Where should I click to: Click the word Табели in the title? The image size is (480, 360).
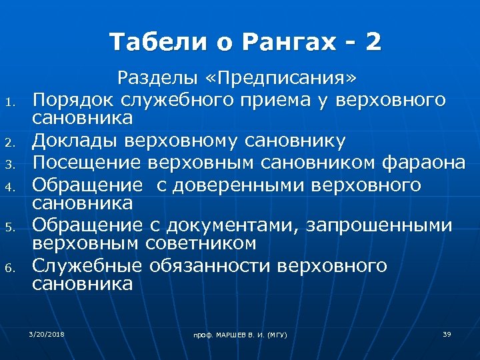tap(150, 42)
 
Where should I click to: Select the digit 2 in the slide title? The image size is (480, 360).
tap(373, 42)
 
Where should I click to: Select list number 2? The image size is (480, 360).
tap(9, 142)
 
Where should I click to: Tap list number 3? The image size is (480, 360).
tap(9, 163)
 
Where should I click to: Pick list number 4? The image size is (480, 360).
tap(9, 185)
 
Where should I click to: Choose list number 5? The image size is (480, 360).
tap(9, 227)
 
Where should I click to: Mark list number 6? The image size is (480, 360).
tap(9, 268)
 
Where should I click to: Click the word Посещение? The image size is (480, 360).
tap(88, 162)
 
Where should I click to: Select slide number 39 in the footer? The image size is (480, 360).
tap(447, 333)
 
